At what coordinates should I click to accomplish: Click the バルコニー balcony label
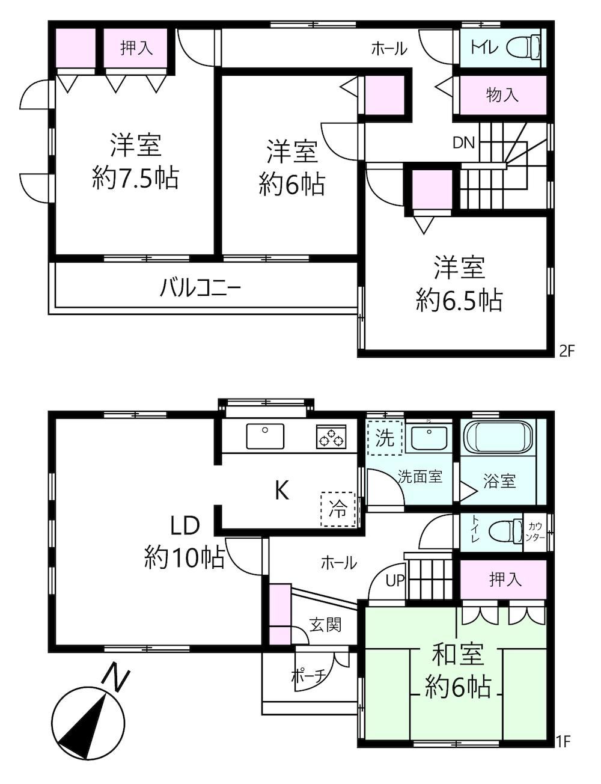200,289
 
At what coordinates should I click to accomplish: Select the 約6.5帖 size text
460,299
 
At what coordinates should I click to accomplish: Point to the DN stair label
463,142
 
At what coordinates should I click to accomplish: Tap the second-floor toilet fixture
524,46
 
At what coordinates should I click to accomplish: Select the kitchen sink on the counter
264,436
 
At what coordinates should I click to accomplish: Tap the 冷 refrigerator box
338,509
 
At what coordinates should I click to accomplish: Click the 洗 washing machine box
385,438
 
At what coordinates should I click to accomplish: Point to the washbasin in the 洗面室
428,437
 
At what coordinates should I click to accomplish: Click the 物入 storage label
502,94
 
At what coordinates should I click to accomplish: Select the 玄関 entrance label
325,625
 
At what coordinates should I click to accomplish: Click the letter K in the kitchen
281,491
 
